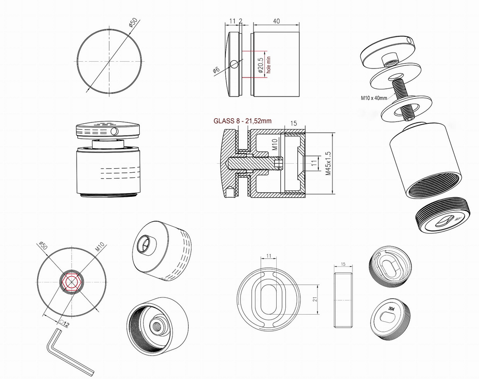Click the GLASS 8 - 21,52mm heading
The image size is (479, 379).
242,121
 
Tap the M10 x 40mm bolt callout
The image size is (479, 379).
374,98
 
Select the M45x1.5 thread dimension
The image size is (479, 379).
328,163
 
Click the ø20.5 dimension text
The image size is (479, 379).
260,65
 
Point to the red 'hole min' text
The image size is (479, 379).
269,64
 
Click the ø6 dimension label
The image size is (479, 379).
216,70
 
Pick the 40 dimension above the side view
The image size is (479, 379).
276,21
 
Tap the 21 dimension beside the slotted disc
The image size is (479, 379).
315,298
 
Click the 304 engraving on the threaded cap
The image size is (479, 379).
391,309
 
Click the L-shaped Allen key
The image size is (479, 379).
68,351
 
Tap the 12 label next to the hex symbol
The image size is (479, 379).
66,325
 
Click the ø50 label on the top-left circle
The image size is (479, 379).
133,23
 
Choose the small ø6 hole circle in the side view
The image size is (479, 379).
235,64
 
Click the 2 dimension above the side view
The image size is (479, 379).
241,21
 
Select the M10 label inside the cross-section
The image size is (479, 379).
274,144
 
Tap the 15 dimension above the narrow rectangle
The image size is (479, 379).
343,264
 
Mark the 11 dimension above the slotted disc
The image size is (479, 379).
269,256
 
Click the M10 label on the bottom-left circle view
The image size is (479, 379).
100,247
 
